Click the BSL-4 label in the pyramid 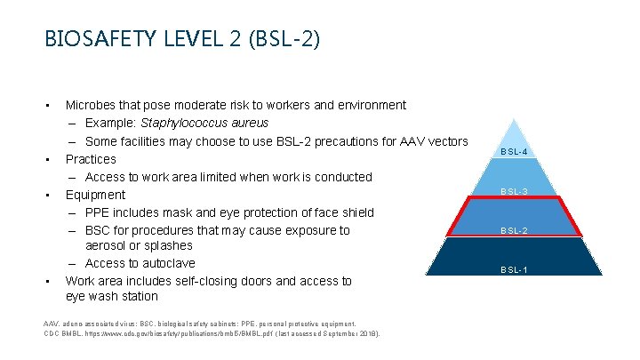[x=514, y=152]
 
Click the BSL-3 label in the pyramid [x=514, y=191]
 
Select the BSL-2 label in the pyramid [x=514, y=231]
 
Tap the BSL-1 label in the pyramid [x=514, y=270]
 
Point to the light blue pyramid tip [x=514, y=133]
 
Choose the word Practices [x=91, y=159]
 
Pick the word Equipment [x=95, y=195]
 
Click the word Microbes [x=93, y=105]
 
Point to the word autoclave [x=163, y=263]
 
